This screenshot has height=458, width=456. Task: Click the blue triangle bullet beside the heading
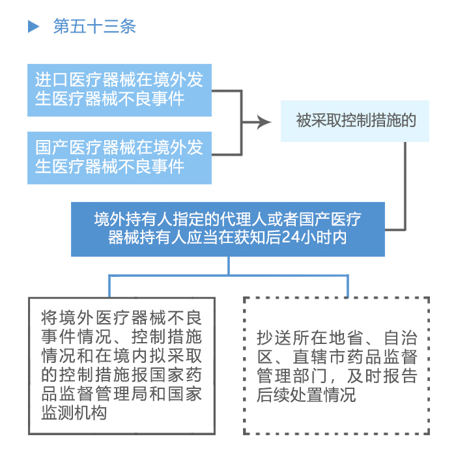tap(33, 26)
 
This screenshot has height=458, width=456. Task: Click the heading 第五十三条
tap(94, 26)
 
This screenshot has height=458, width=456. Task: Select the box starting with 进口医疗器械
tap(119, 90)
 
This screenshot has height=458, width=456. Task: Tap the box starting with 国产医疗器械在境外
tap(119, 158)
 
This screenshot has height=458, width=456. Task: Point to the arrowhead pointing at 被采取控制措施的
tap(264, 122)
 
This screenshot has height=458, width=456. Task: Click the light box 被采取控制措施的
tap(355, 121)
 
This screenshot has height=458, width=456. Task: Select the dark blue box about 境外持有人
tap(228, 229)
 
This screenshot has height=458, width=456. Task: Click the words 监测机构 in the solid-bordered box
tap(74, 412)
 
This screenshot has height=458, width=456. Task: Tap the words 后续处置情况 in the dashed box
tap(306, 394)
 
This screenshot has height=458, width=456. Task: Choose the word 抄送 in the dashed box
tap(274, 337)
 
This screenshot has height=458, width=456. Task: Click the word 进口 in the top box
tap(51, 79)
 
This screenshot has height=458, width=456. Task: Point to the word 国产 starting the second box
tap(51, 147)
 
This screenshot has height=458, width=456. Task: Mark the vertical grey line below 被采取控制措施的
tap(405, 186)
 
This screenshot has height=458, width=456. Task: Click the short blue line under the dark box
tap(229, 266)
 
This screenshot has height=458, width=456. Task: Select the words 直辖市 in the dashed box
tap(320, 356)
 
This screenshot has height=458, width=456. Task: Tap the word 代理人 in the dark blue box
tap(244, 219)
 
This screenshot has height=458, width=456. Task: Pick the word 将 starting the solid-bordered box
tap(49, 318)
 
